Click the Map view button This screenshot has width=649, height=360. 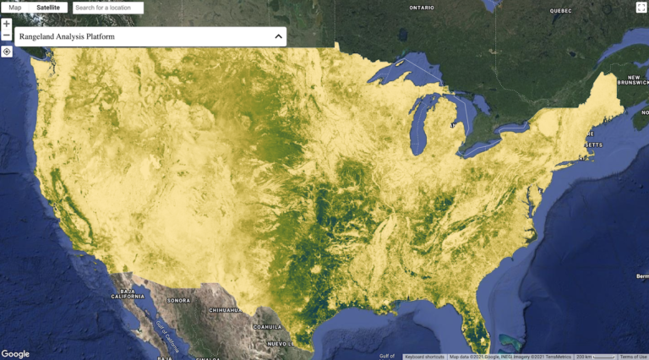pyautogui.click(x=15, y=8)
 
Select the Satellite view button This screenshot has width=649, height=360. pyautogui.click(x=48, y=8)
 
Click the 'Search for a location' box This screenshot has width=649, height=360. pyautogui.click(x=108, y=8)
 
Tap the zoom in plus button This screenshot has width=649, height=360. pyautogui.click(x=7, y=24)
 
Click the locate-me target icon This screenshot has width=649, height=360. pyautogui.click(x=7, y=52)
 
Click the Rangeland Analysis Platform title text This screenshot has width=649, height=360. pyautogui.click(x=67, y=37)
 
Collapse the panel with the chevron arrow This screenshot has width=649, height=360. pyautogui.click(x=278, y=37)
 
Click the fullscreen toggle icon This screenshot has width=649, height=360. pyautogui.click(x=641, y=8)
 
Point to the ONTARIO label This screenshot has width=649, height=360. pyautogui.click(x=422, y=8)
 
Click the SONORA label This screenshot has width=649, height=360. pyautogui.click(x=179, y=301)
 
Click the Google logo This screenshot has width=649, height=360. pyautogui.click(x=15, y=353)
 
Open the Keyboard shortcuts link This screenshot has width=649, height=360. pyautogui.click(x=425, y=357)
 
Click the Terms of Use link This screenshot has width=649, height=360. pyautogui.click(x=633, y=357)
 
